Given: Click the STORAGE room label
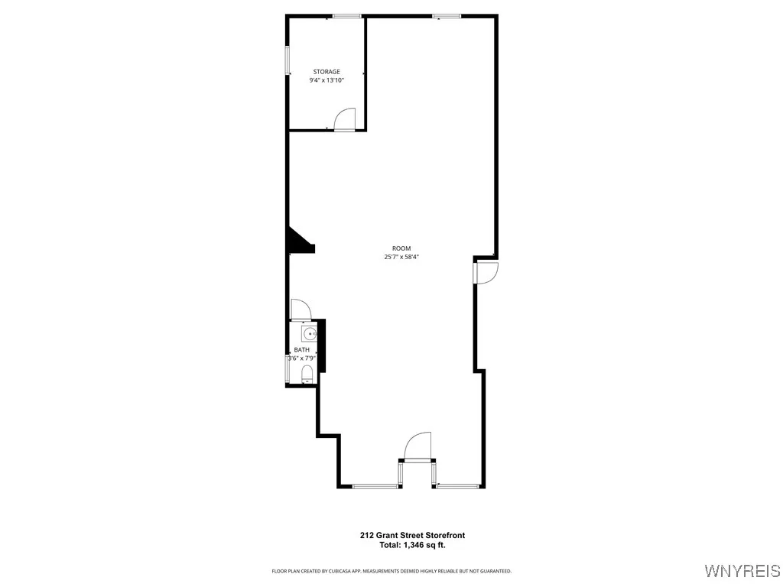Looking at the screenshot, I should click(x=327, y=72).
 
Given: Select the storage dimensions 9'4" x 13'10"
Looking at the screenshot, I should click(x=327, y=80).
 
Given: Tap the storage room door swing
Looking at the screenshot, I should click(x=346, y=119).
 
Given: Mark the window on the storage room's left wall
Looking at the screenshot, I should click(x=288, y=60).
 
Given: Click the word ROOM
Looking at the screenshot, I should click(x=401, y=248).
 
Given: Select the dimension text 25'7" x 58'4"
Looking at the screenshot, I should click(x=401, y=258).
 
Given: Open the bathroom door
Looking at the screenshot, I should click(x=301, y=309).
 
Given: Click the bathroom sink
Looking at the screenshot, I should click(x=310, y=334).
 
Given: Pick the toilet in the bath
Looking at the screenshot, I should click(x=307, y=373).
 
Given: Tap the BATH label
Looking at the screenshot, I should click(x=301, y=350).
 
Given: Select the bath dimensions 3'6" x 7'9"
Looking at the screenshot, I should click(x=301, y=358).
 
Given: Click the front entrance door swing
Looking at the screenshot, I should click(x=418, y=446).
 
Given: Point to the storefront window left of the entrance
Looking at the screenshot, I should click(x=375, y=486).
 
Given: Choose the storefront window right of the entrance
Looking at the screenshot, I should click(x=458, y=486).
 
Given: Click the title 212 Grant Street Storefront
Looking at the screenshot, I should click(x=412, y=536).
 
